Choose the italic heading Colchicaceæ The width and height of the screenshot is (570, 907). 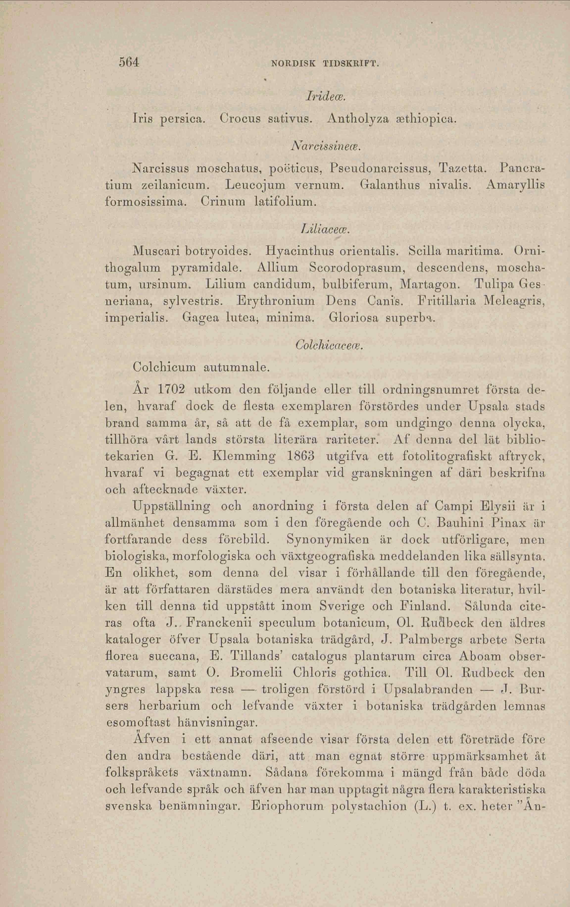coord(329,344)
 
